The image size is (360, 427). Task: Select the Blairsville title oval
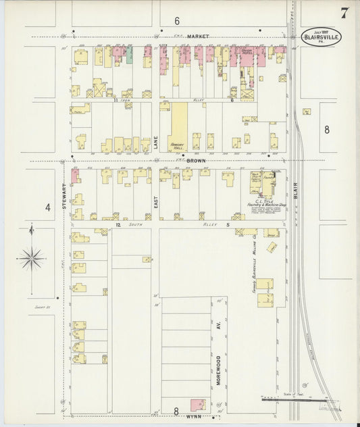[321, 36]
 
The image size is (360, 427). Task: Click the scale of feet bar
[290, 400]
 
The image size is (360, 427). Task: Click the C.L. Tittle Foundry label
[262, 201]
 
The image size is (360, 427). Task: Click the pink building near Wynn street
[198, 405]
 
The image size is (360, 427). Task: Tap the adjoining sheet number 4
[48, 207]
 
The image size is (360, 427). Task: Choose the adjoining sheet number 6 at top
[177, 21]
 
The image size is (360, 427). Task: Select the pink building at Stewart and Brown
[75, 175]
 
